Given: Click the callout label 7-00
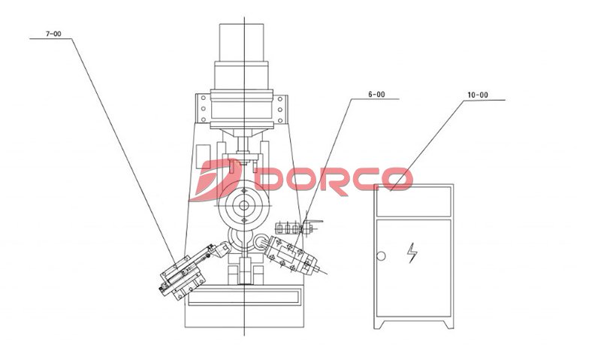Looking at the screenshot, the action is click(x=53, y=34).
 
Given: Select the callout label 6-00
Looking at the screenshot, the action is click(x=376, y=94).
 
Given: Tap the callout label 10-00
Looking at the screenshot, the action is click(x=478, y=95).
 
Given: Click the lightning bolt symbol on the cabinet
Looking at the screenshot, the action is click(x=412, y=253).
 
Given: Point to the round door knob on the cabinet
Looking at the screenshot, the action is click(x=381, y=256).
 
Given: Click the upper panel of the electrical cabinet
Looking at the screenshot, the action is click(x=414, y=201).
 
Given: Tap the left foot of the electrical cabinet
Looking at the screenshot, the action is click(x=379, y=323).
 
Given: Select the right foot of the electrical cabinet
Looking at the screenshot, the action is click(x=448, y=323).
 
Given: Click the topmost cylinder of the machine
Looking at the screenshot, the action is click(x=241, y=42).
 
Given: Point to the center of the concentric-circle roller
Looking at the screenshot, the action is click(x=243, y=205).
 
